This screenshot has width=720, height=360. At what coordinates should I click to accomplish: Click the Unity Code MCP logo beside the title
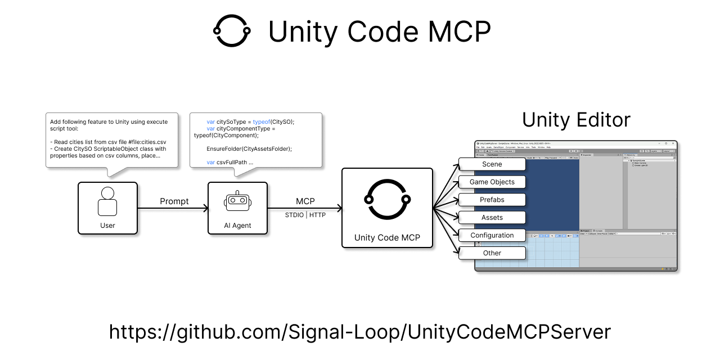(x=231, y=31)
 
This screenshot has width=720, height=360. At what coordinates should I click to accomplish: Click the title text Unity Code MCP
(x=379, y=31)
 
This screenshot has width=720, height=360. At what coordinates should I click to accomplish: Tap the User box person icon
(x=107, y=201)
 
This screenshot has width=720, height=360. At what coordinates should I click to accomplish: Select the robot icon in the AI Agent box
(x=237, y=202)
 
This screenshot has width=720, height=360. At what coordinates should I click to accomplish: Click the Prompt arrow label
(x=174, y=201)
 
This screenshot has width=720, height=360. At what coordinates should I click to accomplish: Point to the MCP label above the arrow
(x=305, y=201)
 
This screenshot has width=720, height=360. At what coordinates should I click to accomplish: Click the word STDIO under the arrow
(x=294, y=215)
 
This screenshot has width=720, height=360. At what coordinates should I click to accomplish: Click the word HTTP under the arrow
(x=317, y=215)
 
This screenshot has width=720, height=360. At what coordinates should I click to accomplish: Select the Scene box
(x=492, y=164)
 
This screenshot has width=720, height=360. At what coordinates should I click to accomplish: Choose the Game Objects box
(x=492, y=182)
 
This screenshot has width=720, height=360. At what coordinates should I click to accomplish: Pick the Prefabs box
(x=492, y=200)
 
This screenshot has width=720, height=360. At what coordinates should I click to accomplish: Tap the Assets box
(x=492, y=218)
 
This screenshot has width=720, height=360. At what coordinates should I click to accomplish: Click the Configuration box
(x=492, y=235)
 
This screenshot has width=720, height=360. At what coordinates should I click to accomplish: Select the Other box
(x=492, y=253)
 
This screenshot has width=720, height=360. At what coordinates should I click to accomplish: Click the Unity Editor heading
(x=576, y=120)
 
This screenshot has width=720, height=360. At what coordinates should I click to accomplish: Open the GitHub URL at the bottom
(x=360, y=331)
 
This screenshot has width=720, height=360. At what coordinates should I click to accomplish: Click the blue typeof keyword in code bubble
(x=262, y=121)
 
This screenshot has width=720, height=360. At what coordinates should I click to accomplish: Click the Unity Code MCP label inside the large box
(x=388, y=237)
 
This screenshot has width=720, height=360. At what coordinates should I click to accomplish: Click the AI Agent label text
(x=237, y=226)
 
